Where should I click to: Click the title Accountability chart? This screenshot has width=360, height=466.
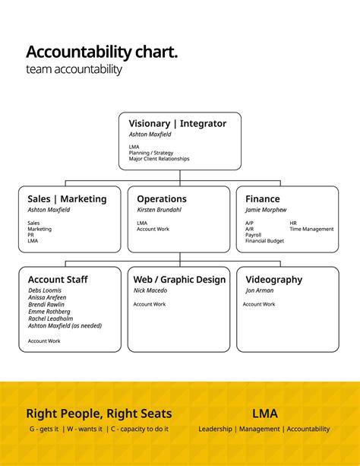pos(102,52)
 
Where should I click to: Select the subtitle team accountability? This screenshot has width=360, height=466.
pos(74,70)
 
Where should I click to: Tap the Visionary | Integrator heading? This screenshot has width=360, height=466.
pos(177,123)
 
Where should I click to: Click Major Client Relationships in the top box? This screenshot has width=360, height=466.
pos(159,159)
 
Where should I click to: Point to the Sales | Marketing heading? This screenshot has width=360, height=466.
pos(67,199)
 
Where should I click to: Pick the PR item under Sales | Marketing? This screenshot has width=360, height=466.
pos(31,235)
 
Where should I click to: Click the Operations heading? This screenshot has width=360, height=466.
pos(162,199)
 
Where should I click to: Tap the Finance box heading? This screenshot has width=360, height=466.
pos(263,199)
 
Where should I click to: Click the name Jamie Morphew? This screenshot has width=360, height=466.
pos(266,210)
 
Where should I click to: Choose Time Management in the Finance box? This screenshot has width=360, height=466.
pos(311,229)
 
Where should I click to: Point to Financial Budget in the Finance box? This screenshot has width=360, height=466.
pos(264,241)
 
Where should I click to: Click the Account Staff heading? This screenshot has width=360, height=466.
pos(58,280)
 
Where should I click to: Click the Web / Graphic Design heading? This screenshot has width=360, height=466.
pos(179,280)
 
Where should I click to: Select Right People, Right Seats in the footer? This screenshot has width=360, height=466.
pos(99,414)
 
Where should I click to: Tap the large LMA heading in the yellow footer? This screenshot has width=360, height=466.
pos(264,414)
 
